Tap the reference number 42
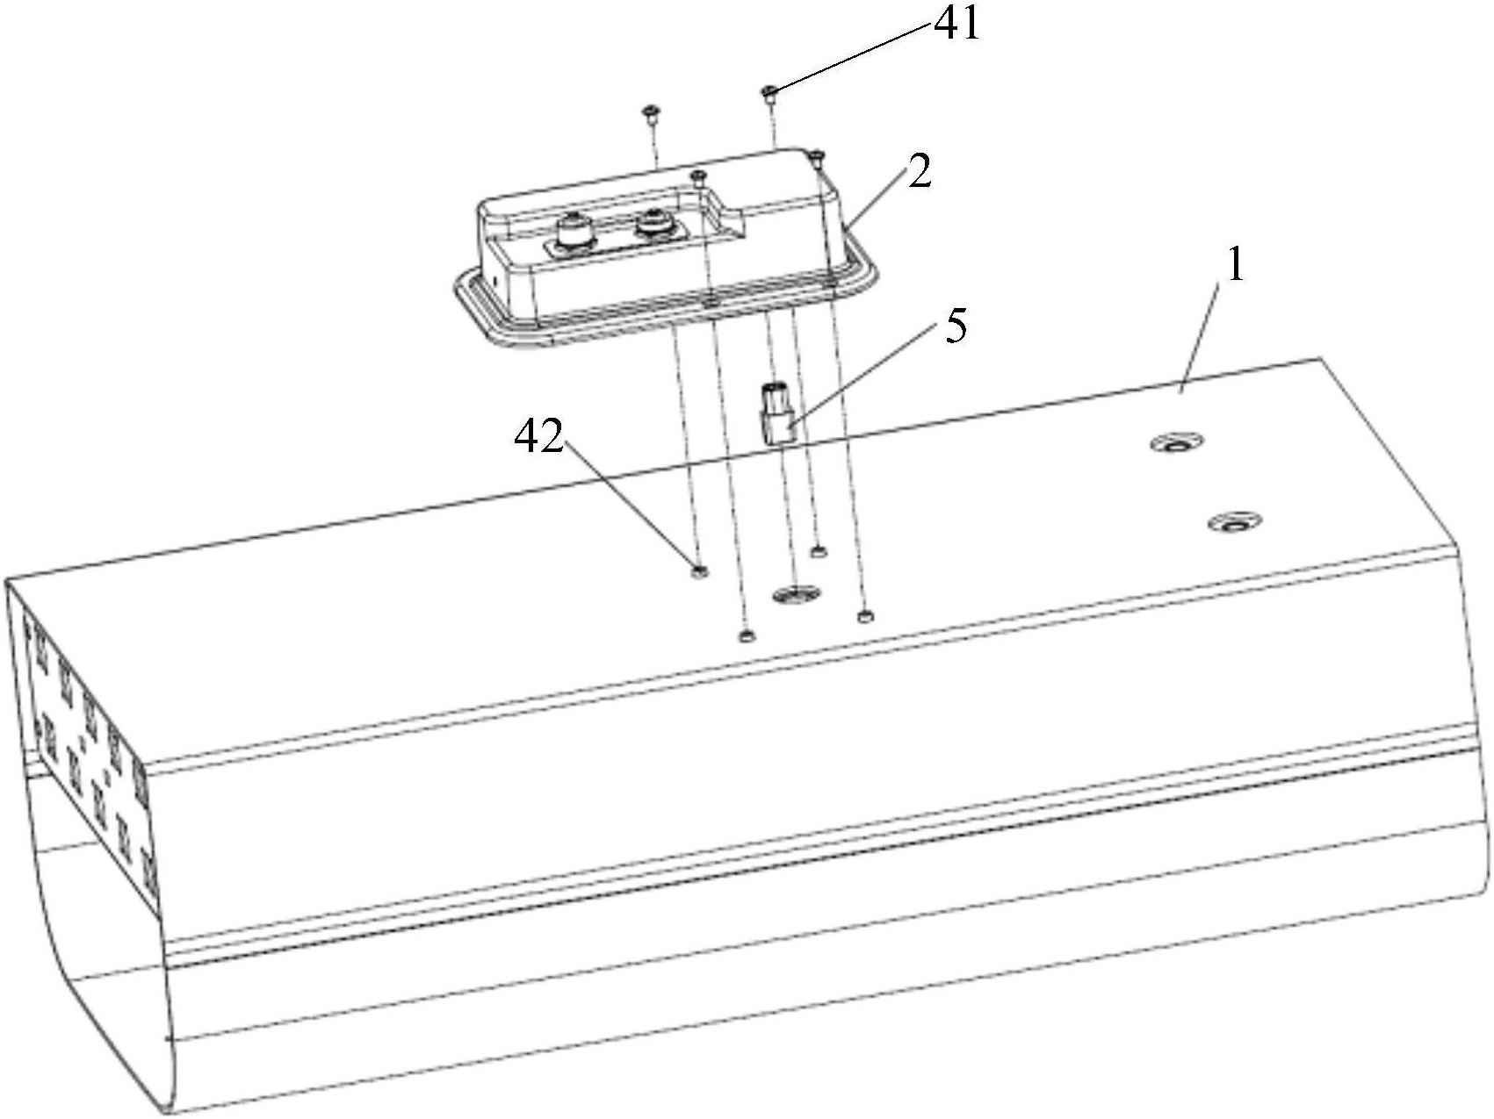pos(538,437)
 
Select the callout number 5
pos(956,327)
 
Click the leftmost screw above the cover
pos(651,112)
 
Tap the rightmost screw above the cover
pos(818,158)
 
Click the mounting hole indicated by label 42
pos(700,572)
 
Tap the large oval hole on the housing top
pos(795,594)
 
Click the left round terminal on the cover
pos(574,234)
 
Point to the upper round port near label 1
pos(1178,443)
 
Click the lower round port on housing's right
pos(1234,524)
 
